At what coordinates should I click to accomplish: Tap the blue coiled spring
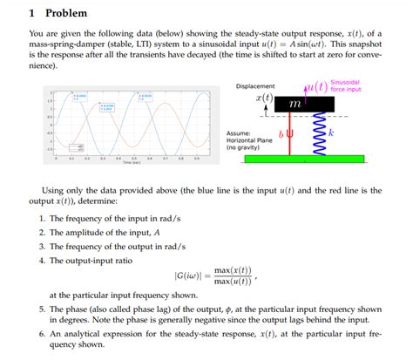tap(318, 136)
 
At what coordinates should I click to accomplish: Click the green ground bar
tap(295, 160)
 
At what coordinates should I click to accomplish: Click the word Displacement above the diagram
tap(255, 86)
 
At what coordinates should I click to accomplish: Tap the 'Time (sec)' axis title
tap(132, 163)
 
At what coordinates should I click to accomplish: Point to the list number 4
tap(41, 260)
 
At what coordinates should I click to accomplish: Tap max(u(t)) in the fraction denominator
tap(233, 282)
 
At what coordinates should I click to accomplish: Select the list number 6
tap(41, 334)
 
